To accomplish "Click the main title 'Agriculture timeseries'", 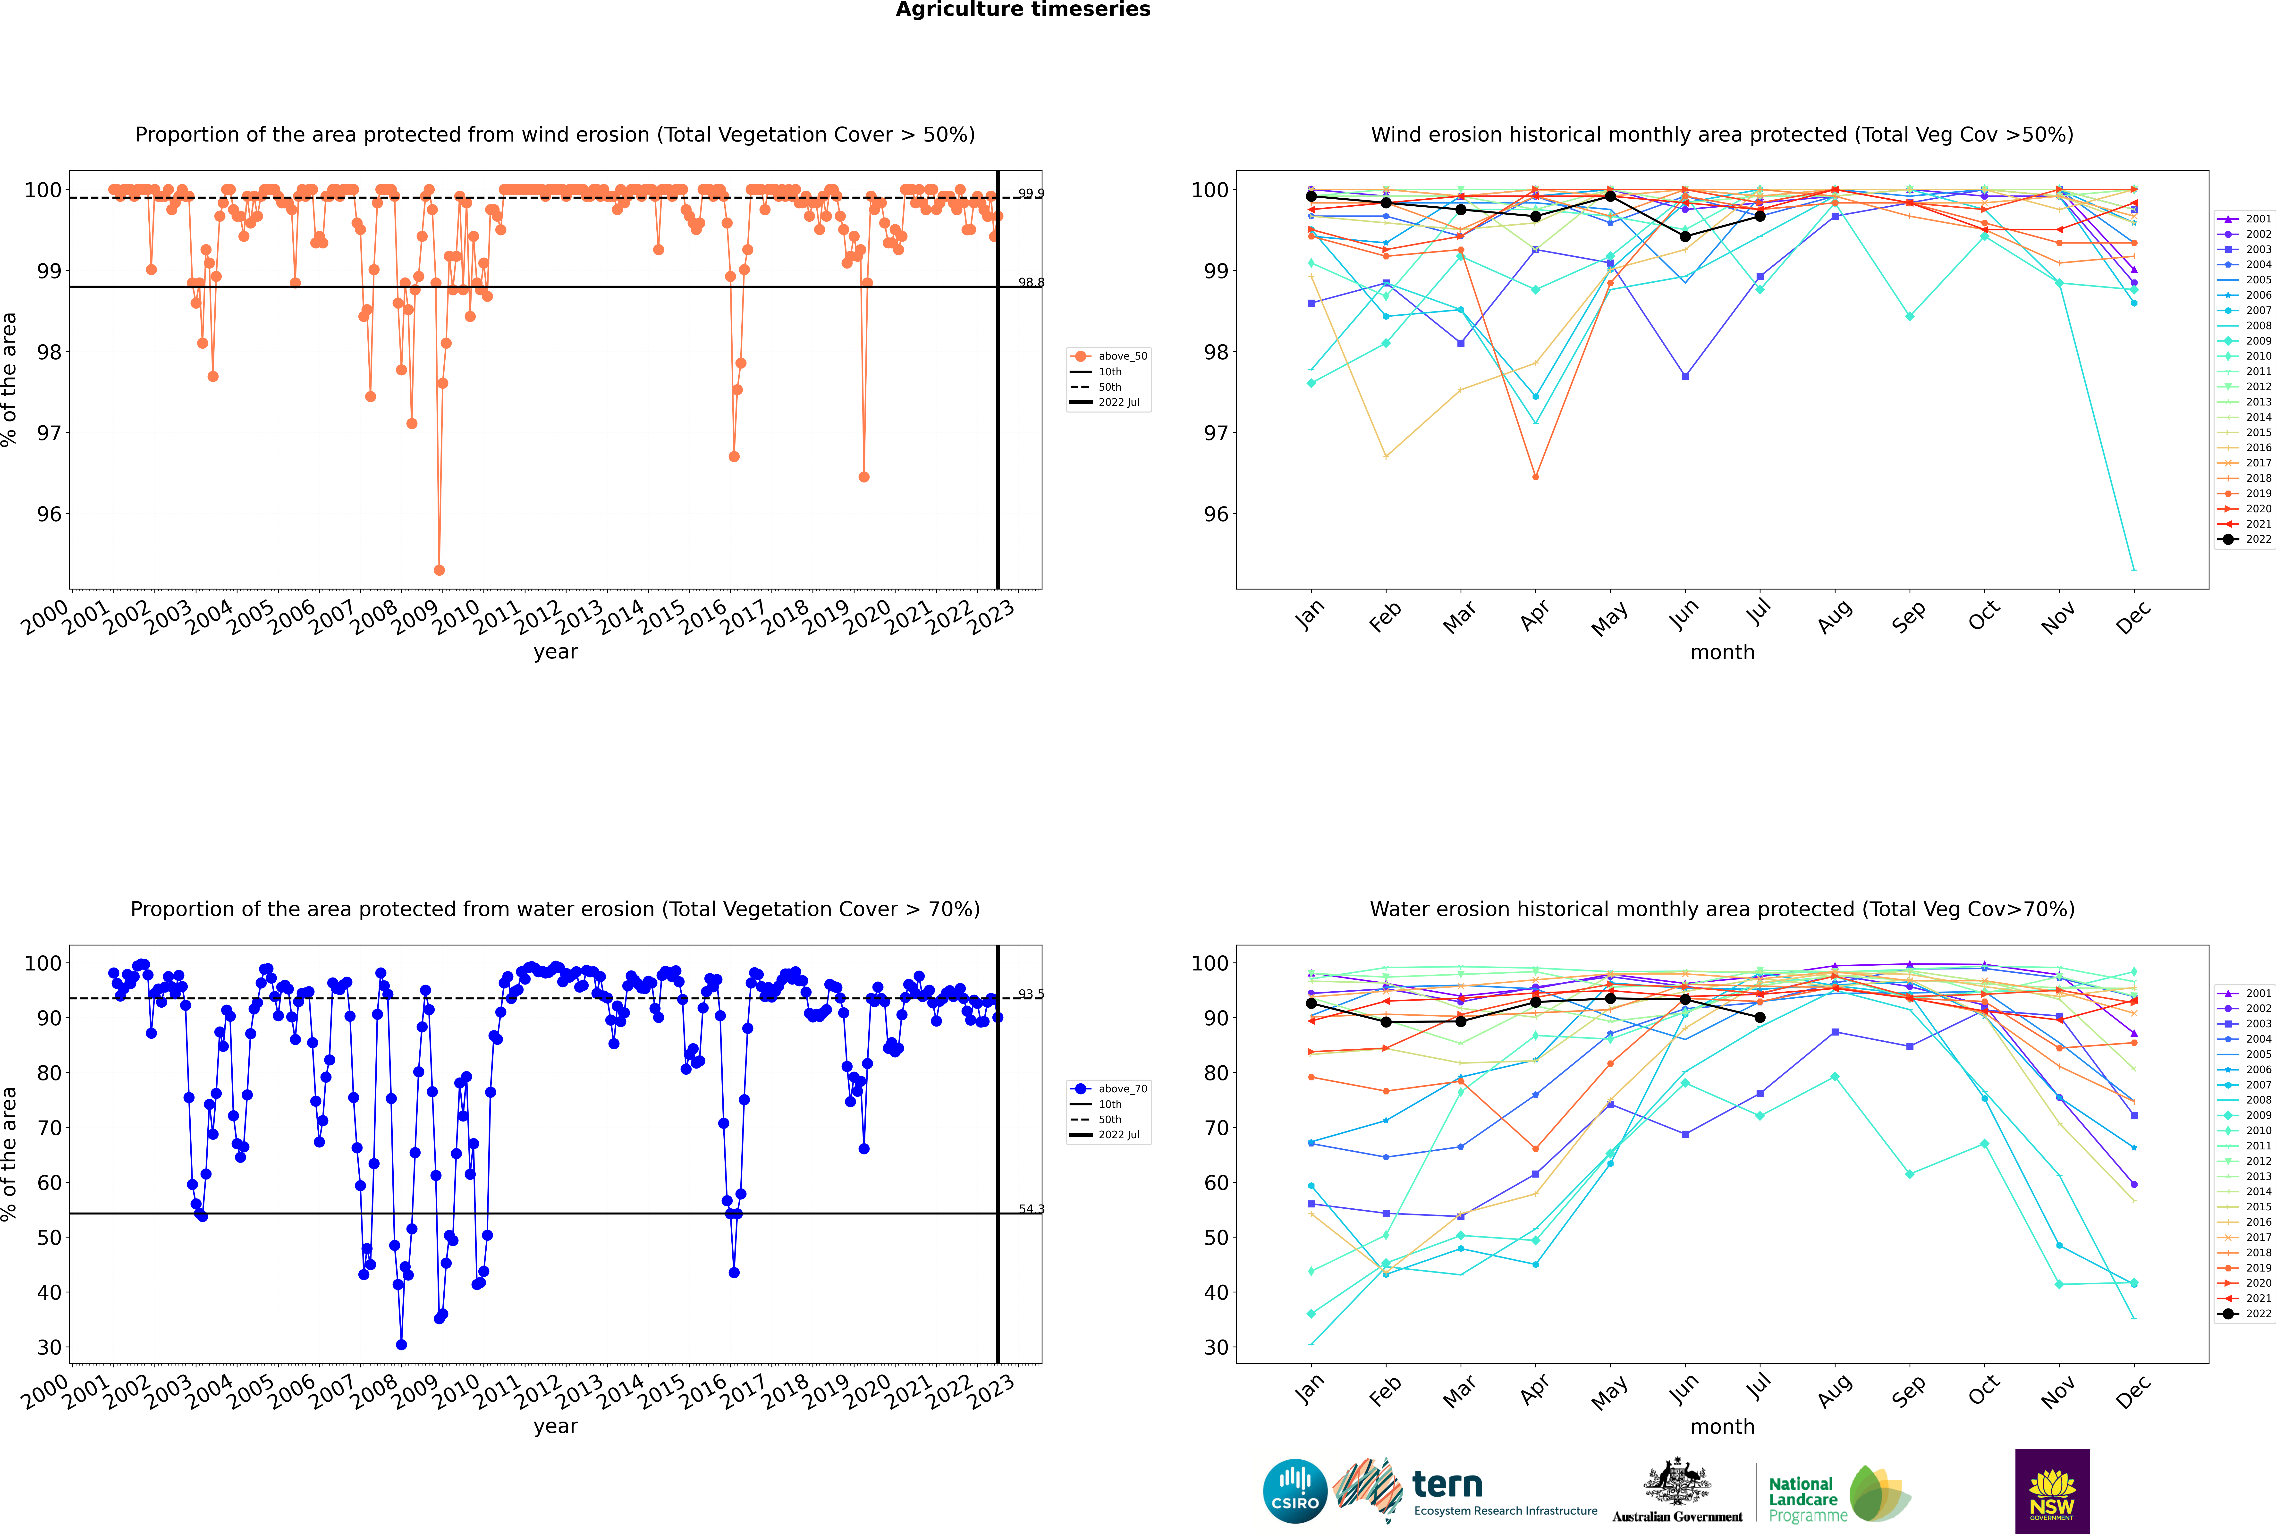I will tap(1023, 10).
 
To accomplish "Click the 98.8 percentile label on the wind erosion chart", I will tap(1030, 283).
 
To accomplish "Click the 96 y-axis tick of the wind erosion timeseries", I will tap(49, 514).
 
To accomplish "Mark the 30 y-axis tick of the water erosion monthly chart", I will tap(1215, 1347).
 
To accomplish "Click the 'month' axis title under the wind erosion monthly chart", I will tap(1722, 653).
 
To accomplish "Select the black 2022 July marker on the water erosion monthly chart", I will tap(1759, 1018).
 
